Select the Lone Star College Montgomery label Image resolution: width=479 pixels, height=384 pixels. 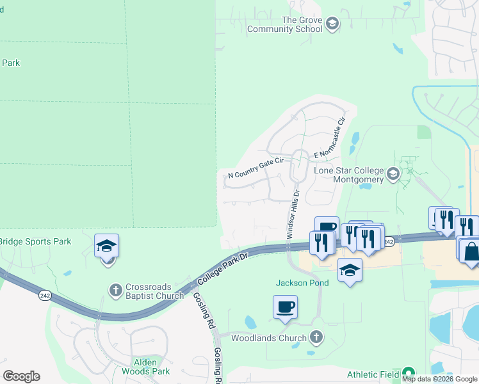pyautogui.click(x=349, y=175)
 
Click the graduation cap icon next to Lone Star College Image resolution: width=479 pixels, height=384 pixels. pyautogui.click(x=393, y=173)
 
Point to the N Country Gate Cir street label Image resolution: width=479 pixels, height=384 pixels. pyautogui.click(x=256, y=170)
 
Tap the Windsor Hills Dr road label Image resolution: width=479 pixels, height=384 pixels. pyautogui.click(x=292, y=214)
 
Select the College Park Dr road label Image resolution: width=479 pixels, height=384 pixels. pyautogui.click(x=221, y=268)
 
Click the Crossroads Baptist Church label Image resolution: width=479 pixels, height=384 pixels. pyautogui.click(x=155, y=291)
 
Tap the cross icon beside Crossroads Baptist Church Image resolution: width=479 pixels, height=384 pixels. pyautogui.click(x=115, y=291)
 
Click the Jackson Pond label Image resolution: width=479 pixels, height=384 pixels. pyautogui.click(x=302, y=283)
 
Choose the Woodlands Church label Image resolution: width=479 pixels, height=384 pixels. pyautogui.click(x=269, y=337)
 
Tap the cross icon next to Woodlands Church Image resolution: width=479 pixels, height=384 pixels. pyautogui.click(x=315, y=337)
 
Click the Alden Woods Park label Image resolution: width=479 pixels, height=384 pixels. pyautogui.click(x=145, y=367)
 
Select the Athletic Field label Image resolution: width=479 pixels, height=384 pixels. pyautogui.click(x=373, y=374)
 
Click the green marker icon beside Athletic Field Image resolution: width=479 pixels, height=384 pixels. pyautogui.click(x=407, y=374)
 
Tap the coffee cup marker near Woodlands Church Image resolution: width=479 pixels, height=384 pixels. pyautogui.click(x=284, y=307)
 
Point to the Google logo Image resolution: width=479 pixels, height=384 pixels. pyautogui.click(x=22, y=376)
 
